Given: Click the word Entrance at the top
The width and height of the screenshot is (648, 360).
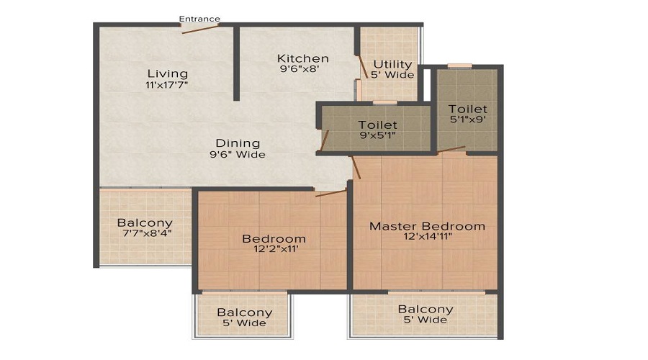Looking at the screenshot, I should [199, 19].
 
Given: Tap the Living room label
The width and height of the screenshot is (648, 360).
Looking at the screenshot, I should [167, 73].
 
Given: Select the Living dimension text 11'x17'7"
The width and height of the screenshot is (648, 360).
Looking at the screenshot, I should [167, 85].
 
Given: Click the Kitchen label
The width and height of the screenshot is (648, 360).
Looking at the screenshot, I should [303, 58].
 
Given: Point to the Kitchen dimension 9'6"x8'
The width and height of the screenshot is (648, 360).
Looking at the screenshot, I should [303, 71].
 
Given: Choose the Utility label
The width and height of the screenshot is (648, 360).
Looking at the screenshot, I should [392, 64].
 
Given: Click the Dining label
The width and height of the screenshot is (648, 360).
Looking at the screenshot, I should [237, 143].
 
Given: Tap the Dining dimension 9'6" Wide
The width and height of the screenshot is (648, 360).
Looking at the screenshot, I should [237, 154].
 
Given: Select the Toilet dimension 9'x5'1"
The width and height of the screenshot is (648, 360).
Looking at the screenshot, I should [377, 136].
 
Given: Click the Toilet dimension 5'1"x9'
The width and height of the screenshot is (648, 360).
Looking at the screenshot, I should [468, 120].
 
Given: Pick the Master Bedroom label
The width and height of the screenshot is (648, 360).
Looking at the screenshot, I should [427, 226].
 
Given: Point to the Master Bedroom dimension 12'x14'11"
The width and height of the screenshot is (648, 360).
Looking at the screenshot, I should [427, 238].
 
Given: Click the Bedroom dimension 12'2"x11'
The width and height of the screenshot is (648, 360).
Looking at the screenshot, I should [274, 250].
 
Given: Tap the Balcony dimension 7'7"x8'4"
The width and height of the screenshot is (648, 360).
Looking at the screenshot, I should [145, 234].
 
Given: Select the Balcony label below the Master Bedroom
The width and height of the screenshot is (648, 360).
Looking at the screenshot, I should [426, 310].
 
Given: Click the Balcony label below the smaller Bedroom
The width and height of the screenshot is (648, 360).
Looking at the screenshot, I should [245, 312].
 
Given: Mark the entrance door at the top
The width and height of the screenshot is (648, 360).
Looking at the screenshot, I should [201, 29].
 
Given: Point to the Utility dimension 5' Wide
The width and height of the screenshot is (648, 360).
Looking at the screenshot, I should [392, 75].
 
